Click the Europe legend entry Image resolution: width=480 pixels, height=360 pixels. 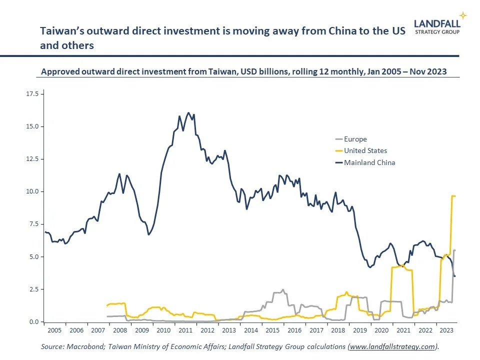[x=355, y=139]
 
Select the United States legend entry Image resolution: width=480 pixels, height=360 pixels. [x=365, y=150]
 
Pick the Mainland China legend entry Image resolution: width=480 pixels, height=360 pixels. [x=369, y=162]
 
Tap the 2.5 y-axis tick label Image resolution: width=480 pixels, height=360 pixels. [x=33, y=289]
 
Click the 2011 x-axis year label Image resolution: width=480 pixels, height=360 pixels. [x=185, y=330]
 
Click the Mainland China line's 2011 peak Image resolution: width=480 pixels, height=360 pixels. [x=188, y=113]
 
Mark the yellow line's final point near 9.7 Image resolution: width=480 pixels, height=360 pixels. [x=455, y=196]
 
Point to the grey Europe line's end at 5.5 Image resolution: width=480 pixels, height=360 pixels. [x=455, y=250]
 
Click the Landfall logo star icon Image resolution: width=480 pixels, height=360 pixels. [x=463, y=15]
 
